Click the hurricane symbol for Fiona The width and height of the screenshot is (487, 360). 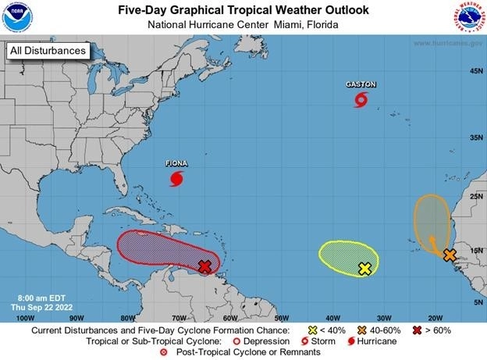[177, 180]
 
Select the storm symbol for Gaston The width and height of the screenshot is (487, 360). [361, 99]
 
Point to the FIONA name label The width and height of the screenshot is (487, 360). [177, 164]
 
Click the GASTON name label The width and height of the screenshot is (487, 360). [361, 84]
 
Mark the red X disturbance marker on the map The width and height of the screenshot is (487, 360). [204, 267]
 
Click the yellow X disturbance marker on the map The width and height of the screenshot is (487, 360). [364, 269]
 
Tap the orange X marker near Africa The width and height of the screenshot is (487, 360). [450, 255]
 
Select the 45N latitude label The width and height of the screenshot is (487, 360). [473, 72]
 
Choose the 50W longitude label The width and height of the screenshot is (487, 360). [281, 317]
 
